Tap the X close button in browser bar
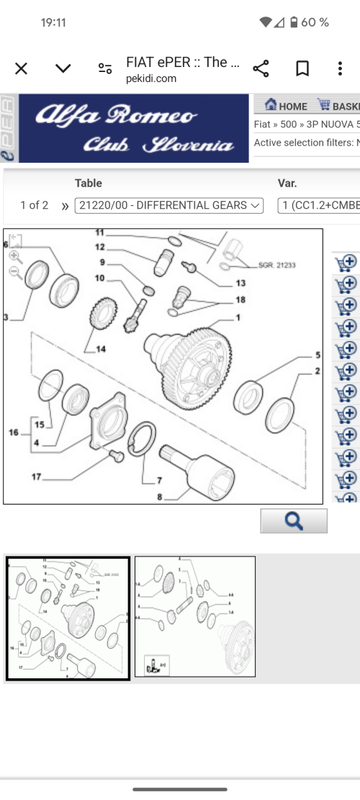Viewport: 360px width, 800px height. (x=22, y=68)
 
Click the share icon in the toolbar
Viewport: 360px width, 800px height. (x=261, y=68)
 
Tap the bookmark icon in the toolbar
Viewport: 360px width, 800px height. (x=302, y=68)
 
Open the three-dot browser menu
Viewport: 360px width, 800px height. (x=340, y=68)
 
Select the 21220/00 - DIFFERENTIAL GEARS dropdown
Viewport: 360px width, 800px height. (x=169, y=205)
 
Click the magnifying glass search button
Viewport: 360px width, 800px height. (x=294, y=521)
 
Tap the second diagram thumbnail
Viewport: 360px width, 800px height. (x=194, y=618)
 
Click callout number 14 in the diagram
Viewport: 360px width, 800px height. (x=100, y=349)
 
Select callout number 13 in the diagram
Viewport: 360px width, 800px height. (x=240, y=283)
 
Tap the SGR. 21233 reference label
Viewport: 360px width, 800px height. (x=276, y=265)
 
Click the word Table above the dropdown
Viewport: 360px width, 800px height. (x=89, y=183)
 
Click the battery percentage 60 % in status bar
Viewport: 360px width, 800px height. (x=315, y=22)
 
